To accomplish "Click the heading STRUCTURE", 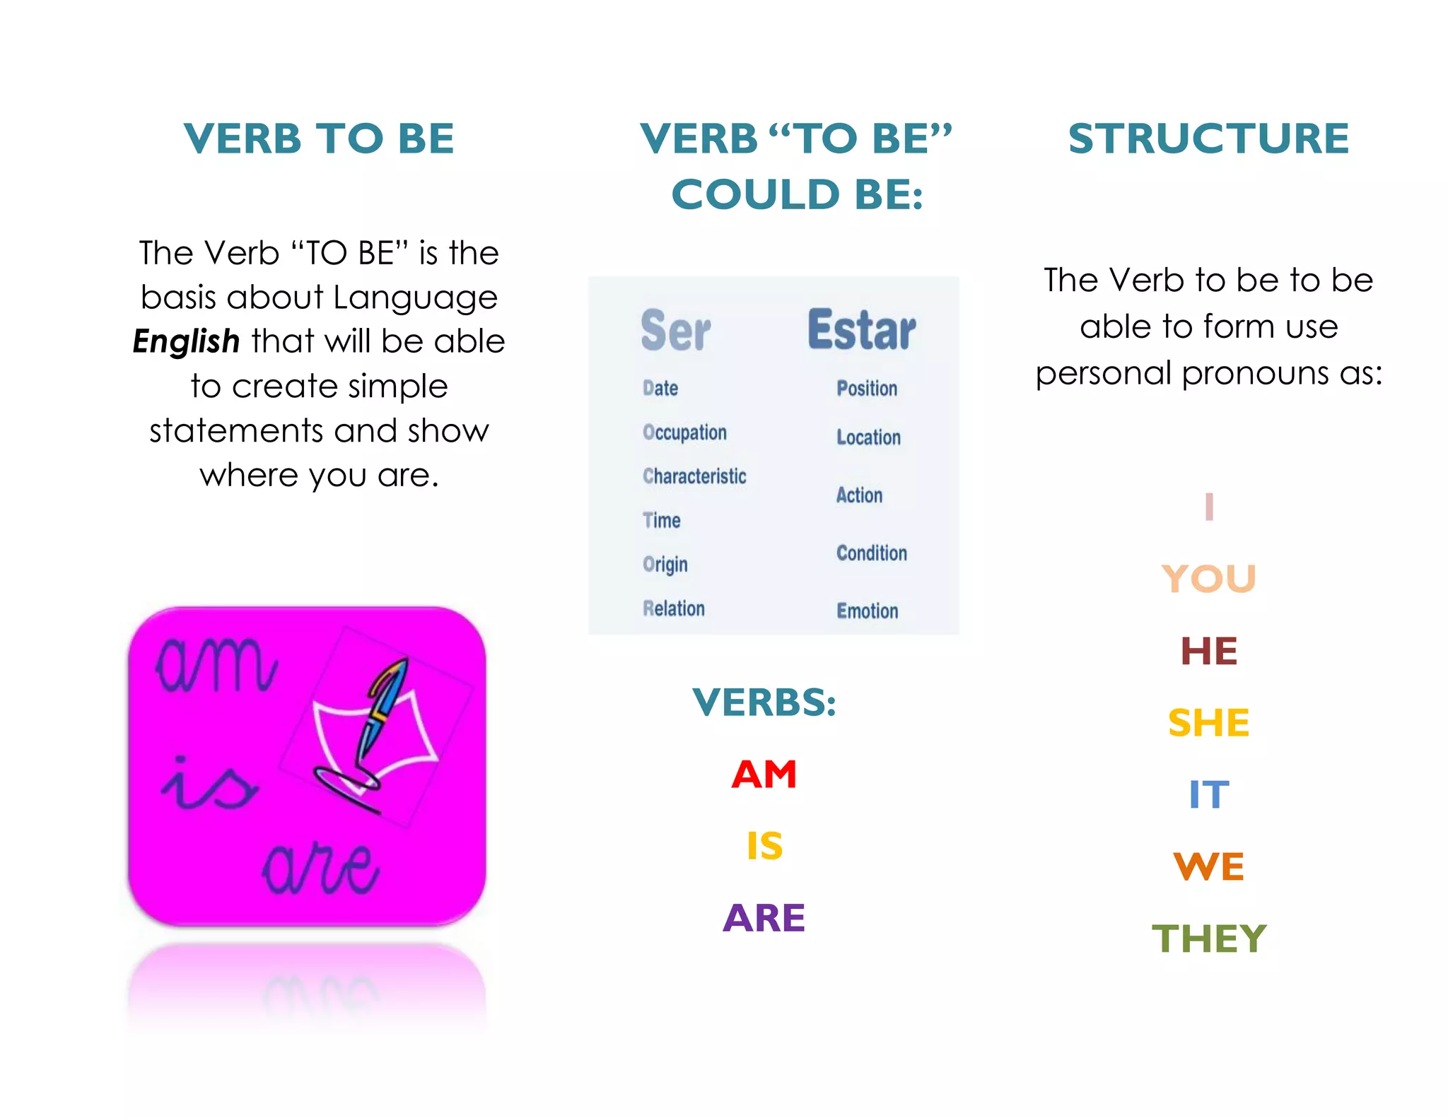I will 1208,138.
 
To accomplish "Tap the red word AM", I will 764,775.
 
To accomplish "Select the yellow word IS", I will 764,846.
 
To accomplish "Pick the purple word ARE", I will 764,918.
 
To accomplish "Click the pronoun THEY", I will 1208,938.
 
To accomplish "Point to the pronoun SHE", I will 1208,723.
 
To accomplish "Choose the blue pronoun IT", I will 1208,795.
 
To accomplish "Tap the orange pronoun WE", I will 1208,866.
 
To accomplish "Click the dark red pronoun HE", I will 1208,651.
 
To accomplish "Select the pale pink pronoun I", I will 1209,507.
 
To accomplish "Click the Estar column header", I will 861,330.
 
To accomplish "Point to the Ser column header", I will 675,331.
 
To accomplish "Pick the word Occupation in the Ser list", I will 684,433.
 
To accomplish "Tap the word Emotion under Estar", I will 868,611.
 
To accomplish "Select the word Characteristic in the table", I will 694,476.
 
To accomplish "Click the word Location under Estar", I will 868,437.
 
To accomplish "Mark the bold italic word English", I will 187,341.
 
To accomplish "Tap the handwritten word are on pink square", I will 321,869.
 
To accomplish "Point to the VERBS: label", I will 764,702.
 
